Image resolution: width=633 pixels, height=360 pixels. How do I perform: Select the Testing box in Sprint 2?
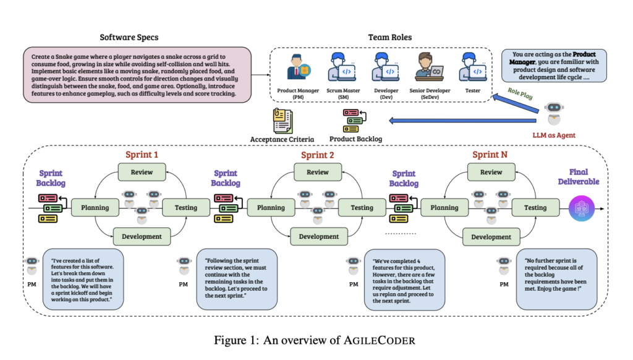362,208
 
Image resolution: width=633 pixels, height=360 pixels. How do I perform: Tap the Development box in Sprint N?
491,237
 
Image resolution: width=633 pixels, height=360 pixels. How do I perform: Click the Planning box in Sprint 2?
271,208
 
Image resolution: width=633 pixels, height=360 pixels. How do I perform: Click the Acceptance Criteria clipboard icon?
283,120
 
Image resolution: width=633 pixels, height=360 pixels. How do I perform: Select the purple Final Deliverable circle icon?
580,208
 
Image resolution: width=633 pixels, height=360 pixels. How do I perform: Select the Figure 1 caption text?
316,340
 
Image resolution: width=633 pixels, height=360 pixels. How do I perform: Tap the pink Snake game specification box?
137,74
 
